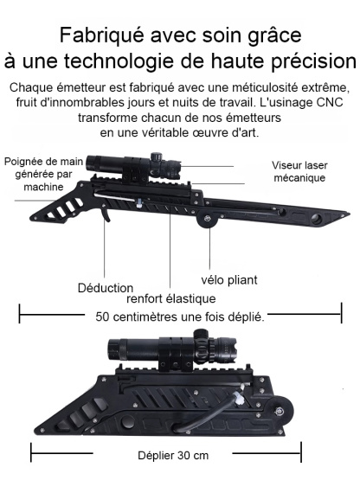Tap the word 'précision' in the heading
pos(298,62)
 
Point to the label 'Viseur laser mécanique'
pos(298,171)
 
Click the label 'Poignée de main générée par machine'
pos(46,174)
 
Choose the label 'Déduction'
pos(105,287)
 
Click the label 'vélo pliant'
pos(229,279)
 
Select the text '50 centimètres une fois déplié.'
pos(180,317)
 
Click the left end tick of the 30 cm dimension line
pos(32,453)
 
